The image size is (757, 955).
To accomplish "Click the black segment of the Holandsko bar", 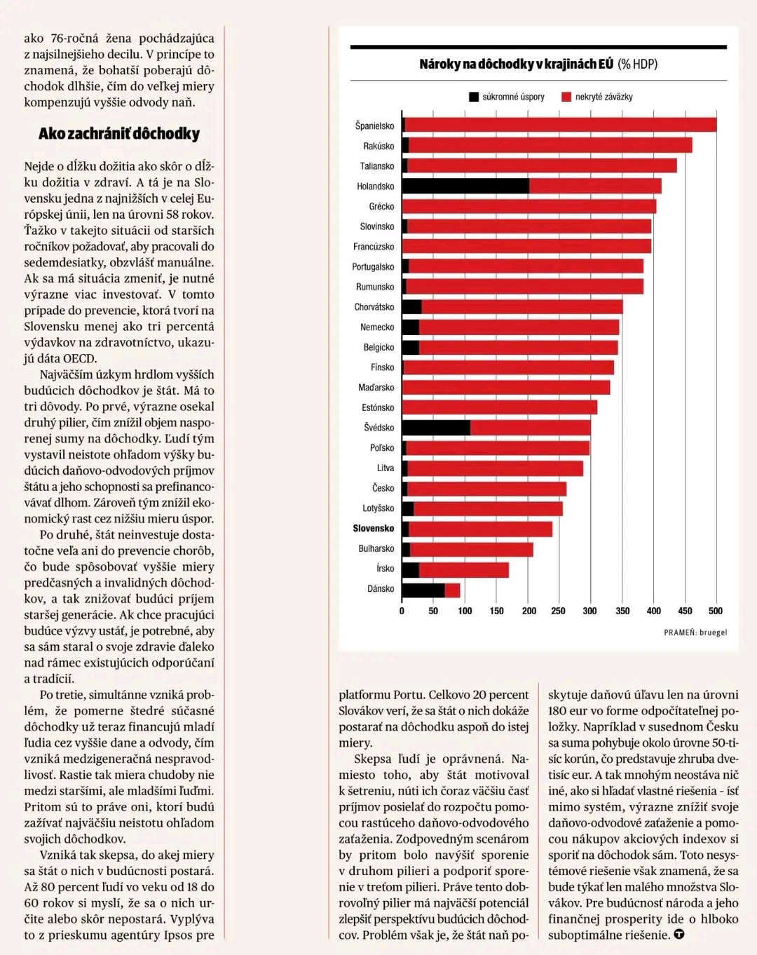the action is (x=465, y=186).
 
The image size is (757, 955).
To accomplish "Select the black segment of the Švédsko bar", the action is (x=436, y=427).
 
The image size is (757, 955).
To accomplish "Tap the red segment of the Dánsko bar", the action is (x=453, y=590).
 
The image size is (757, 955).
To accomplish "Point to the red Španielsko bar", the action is (x=561, y=125).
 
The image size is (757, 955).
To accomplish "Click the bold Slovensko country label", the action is (x=373, y=528).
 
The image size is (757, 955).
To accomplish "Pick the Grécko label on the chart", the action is (x=381, y=206).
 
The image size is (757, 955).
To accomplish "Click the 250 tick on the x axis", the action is (x=558, y=611).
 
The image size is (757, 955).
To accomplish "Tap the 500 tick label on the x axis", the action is (x=716, y=611).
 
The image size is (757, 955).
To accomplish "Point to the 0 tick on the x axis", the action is (x=402, y=611).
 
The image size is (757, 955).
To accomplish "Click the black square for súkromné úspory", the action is (x=474, y=97).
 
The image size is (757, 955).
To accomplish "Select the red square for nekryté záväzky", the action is (x=566, y=97).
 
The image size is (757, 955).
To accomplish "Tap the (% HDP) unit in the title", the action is (x=637, y=65).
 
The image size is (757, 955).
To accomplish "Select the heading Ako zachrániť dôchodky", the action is (x=119, y=134).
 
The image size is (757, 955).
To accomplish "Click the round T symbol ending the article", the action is (x=679, y=935).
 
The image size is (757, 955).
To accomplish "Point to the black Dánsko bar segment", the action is (x=423, y=590).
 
